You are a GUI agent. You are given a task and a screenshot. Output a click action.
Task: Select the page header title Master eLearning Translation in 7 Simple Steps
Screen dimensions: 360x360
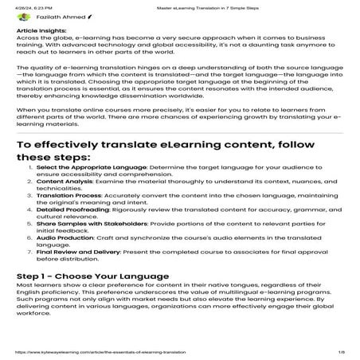pyautogui.click(x=179, y=5)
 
